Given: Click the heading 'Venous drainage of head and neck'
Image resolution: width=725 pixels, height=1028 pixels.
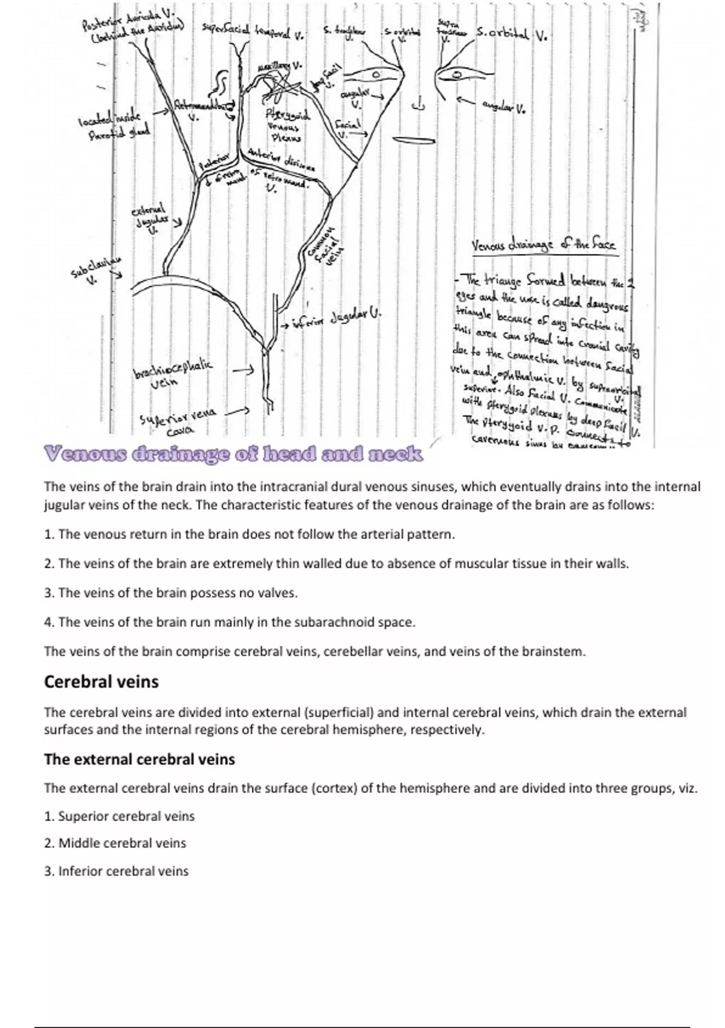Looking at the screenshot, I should pyautogui.click(x=233, y=454).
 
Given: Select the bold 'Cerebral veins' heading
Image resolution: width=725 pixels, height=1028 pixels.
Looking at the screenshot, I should pyautogui.click(x=101, y=682).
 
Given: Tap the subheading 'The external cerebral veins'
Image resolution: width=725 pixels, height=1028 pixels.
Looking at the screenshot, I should pyautogui.click(x=139, y=759).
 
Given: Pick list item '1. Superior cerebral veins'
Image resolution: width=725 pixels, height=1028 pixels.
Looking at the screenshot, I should pyautogui.click(x=119, y=816).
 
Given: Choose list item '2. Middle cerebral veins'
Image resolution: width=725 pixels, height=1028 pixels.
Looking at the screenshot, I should pyautogui.click(x=115, y=843).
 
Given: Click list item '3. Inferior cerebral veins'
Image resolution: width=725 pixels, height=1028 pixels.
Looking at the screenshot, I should pyautogui.click(x=116, y=871).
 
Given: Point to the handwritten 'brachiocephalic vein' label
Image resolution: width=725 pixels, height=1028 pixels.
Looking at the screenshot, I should pyautogui.click(x=173, y=372).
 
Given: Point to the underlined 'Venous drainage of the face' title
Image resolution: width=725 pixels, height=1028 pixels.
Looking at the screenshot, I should pyautogui.click(x=543, y=245).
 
